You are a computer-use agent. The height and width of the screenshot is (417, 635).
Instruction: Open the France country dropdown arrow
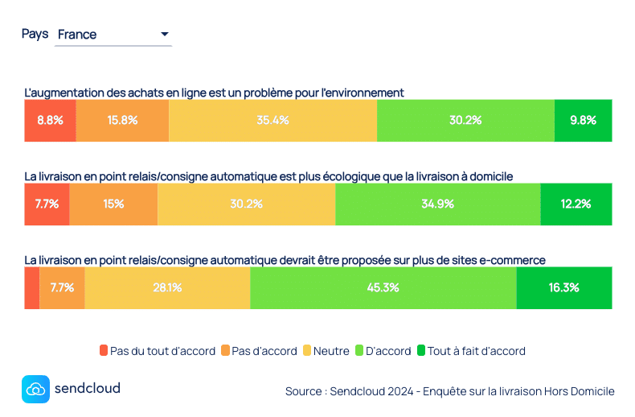(x=165, y=34)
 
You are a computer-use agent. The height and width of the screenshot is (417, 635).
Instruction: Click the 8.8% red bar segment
(x=50, y=121)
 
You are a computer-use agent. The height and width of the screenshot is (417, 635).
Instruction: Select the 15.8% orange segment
(x=122, y=121)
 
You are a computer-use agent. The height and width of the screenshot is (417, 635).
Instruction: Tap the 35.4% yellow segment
(x=273, y=121)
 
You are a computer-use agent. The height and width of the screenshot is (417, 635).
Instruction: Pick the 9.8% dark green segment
(x=584, y=121)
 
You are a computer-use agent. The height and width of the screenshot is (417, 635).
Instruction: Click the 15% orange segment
(x=113, y=204)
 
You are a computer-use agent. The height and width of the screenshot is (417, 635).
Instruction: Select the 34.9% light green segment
(x=438, y=204)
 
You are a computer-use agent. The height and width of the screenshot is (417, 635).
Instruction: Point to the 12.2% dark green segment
(x=576, y=204)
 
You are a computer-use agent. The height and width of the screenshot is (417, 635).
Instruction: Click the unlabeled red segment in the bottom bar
(x=32, y=288)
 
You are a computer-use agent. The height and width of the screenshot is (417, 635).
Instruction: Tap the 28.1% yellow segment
(x=167, y=288)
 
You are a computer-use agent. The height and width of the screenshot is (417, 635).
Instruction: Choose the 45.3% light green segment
(x=383, y=288)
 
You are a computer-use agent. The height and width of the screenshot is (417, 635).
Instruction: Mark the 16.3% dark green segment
(x=564, y=288)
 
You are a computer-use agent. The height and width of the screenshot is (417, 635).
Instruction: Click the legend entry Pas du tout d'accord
(x=158, y=351)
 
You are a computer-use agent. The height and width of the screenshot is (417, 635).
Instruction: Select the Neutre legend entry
(x=326, y=351)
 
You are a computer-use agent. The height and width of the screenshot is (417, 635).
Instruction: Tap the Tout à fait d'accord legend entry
(x=471, y=351)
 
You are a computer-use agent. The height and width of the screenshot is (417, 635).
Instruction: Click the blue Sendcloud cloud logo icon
(x=35, y=390)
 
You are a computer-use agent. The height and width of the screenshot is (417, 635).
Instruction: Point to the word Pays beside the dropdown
(x=35, y=34)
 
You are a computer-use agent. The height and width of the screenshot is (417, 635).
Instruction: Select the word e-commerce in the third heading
(x=512, y=260)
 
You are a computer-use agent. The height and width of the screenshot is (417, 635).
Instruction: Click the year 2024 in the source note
(x=400, y=391)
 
